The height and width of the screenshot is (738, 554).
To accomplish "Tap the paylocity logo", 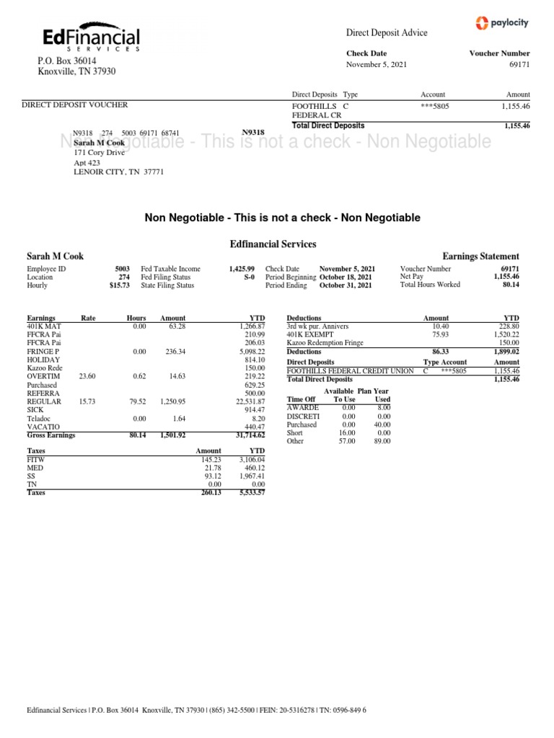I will click(x=502, y=23).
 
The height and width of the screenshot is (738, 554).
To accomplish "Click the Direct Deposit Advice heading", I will click(x=387, y=32).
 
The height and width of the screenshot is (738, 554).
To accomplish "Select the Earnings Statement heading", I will click(x=480, y=256).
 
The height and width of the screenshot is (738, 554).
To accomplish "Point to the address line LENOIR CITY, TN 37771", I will click(x=119, y=172).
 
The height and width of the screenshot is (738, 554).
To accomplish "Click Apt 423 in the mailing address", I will click(x=87, y=163).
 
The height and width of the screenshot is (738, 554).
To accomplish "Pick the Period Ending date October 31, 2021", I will click(x=346, y=285).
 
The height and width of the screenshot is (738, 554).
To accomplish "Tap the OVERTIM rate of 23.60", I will click(x=87, y=375).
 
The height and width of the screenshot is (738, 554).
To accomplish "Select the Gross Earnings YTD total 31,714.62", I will click(x=245, y=435).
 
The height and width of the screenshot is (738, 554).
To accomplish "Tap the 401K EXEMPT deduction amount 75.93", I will click(x=439, y=334).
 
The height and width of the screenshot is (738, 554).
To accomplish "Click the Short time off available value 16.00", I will click(x=348, y=432).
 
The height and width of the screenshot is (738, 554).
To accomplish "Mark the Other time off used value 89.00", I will click(x=382, y=441).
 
